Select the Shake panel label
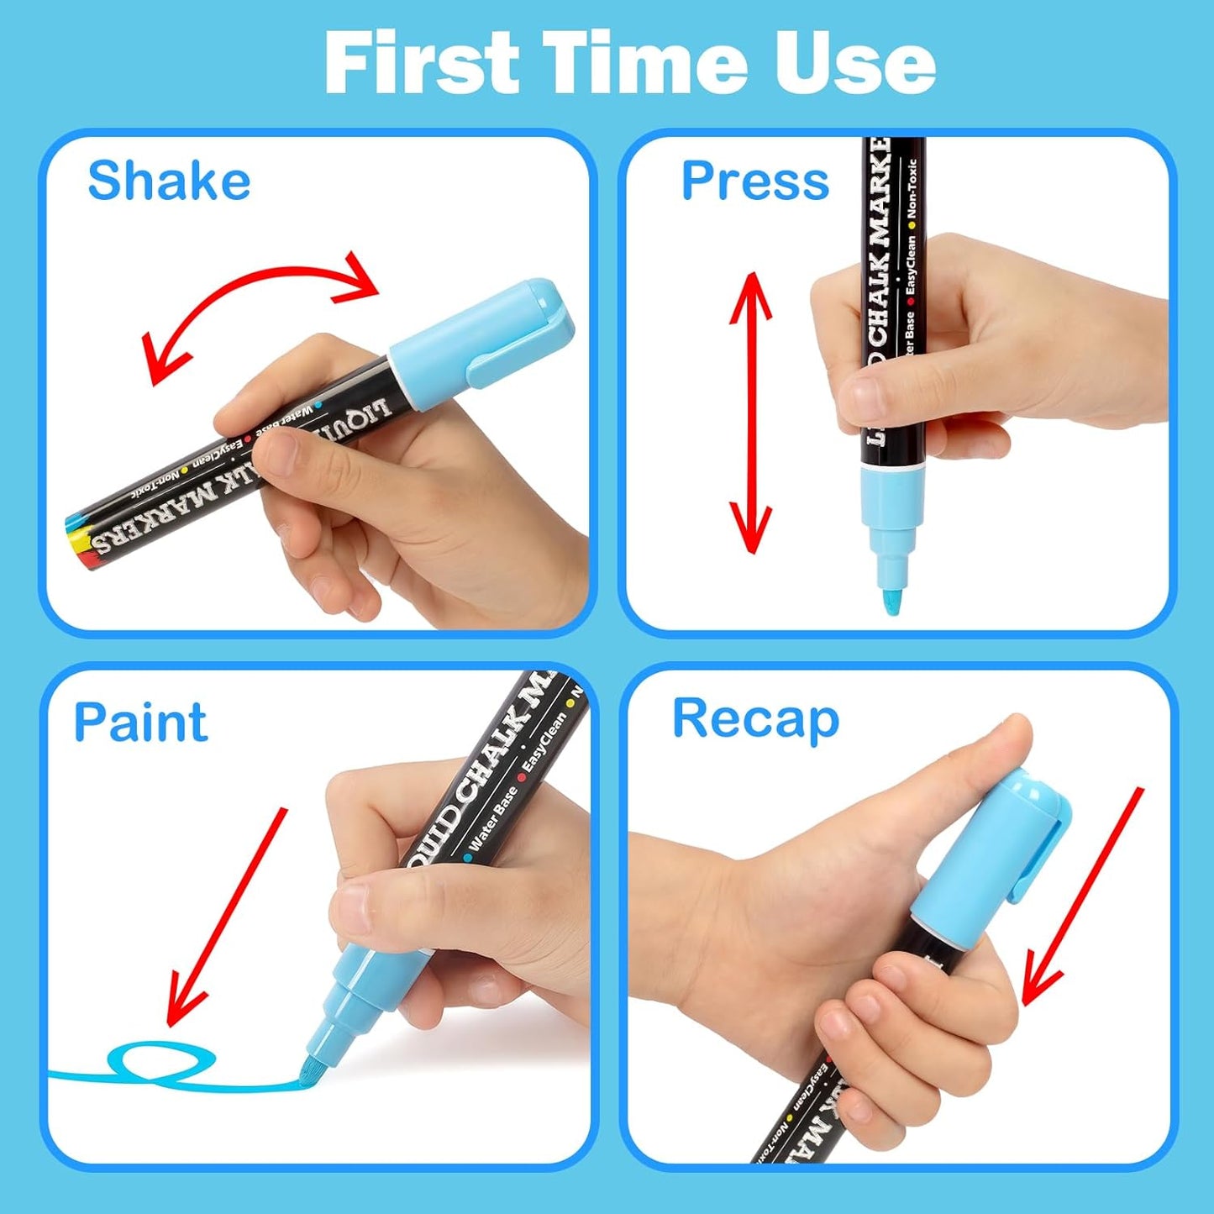click(169, 181)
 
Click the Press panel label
click(754, 181)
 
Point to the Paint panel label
click(140, 723)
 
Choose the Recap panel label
click(755, 720)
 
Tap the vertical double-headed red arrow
click(750, 412)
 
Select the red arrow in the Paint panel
click(227, 916)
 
